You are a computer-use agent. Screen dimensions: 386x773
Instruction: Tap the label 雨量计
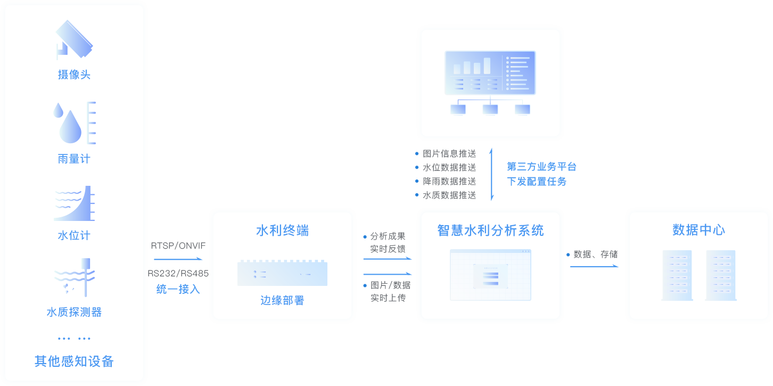[74, 159]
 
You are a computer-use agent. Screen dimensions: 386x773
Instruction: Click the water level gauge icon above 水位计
[74, 203]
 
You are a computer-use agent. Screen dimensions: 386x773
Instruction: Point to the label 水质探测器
[74, 312]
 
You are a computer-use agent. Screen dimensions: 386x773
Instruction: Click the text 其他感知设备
[74, 361]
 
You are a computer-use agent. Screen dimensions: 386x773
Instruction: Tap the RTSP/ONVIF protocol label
[178, 245]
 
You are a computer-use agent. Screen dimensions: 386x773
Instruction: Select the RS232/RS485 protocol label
[178, 274]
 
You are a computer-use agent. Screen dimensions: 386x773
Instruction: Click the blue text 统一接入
[178, 289]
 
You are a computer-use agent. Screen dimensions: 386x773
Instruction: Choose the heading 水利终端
[282, 231]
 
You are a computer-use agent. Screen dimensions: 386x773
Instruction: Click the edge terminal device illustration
[282, 273]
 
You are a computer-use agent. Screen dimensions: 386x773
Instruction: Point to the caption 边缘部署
[282, 300]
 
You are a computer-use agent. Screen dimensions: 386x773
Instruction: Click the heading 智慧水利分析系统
[490, 231]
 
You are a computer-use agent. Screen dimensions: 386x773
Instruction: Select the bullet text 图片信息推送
[449, 153]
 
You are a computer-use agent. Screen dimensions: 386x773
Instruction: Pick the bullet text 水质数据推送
[449, 195]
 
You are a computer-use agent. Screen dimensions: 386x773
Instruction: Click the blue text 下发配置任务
[538, 181]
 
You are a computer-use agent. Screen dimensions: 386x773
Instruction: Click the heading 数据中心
[698, 230]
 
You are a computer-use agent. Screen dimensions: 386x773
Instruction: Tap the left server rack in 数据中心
[677, 275]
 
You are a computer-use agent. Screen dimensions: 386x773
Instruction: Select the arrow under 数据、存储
[594, 266]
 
